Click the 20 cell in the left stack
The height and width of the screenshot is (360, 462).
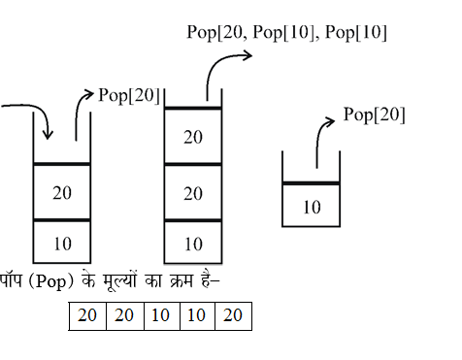62,192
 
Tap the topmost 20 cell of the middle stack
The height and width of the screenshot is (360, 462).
193,136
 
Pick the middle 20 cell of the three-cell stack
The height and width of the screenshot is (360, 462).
193,192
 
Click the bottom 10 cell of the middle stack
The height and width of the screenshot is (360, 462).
193,243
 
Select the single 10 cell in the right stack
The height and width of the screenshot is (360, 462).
312,206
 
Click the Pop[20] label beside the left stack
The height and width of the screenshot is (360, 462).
128,94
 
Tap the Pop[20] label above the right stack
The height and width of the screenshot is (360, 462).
375,115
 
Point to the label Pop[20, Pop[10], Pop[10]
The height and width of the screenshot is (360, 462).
286,32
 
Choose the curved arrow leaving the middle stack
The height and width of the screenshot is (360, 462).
223,68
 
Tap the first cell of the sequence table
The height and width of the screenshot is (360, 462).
87,316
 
